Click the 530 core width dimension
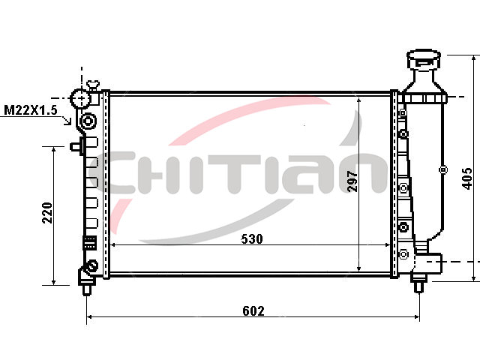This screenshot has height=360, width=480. [x=252, y=238]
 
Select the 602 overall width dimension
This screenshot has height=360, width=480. [x=253, y=311]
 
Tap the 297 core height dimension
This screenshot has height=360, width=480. [x=352, y=181]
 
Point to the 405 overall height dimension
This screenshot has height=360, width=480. [x=466, y=178]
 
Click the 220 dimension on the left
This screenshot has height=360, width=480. [x=47, y=213]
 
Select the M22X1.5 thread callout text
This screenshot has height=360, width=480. [x=31, y=110]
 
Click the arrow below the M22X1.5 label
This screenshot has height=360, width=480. [x=67, y=120]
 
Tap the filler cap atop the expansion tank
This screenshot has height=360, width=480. [x=424, y=59]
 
